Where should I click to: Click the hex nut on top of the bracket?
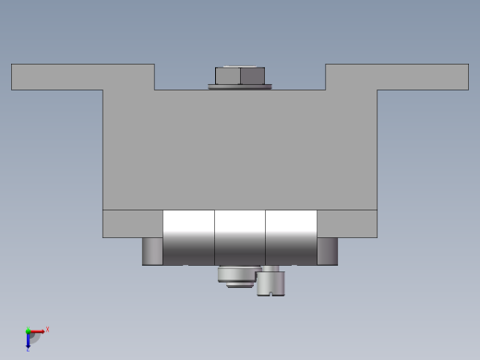(240, 75)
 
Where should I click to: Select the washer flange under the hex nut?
(240, 87)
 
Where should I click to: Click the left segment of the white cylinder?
(188, 237)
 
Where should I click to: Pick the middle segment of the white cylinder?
(240, 237)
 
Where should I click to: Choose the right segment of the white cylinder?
(291, 237)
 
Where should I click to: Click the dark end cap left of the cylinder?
(152, 251)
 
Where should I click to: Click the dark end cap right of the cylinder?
(327, 251)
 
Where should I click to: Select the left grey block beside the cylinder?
(132, 223)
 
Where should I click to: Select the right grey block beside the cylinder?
(347, 223)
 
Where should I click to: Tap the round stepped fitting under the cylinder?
(236, 275)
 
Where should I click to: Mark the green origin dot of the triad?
(28, 331)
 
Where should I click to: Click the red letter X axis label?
(47, 329)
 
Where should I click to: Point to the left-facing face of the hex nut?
(228, 75)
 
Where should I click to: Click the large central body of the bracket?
(240, 148)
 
